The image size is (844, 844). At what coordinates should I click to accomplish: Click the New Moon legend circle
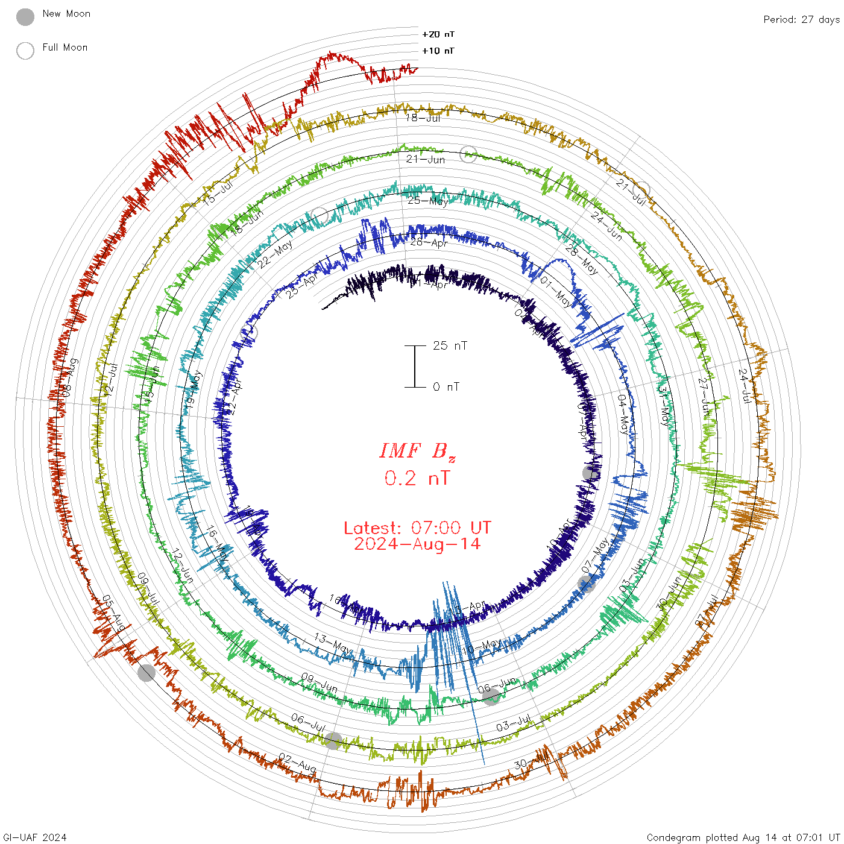(25, 17)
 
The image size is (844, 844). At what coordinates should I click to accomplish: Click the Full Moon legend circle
(25, 51)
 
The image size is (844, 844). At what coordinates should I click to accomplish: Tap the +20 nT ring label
(438, 34)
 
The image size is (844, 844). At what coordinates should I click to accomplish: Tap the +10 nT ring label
(438, 51)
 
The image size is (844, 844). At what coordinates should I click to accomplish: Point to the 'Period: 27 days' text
(801, 19)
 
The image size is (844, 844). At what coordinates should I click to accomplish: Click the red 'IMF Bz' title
(417, 451)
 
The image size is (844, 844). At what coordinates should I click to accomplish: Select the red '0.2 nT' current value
(417, 479)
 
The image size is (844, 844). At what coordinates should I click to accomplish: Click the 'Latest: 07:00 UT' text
(417, 528)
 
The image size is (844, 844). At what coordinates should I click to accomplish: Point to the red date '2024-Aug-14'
(417, 544)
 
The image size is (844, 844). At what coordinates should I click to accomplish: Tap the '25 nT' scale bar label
(450, 345)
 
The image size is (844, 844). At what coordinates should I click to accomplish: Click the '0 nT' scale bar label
(446, 386)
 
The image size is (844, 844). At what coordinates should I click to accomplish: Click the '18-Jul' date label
(423, 118)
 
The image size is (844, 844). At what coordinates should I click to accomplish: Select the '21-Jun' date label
(426, 160)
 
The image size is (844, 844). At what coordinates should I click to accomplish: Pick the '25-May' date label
(428, 201)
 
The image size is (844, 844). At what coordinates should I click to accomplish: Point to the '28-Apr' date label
(429, 242)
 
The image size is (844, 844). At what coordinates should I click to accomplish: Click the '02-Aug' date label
(297, 763)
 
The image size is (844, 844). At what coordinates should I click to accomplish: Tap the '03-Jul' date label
(513, 723)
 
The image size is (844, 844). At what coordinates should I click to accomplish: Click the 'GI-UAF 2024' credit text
(34, 837)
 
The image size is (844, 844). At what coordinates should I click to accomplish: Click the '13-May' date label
(333, 643)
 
